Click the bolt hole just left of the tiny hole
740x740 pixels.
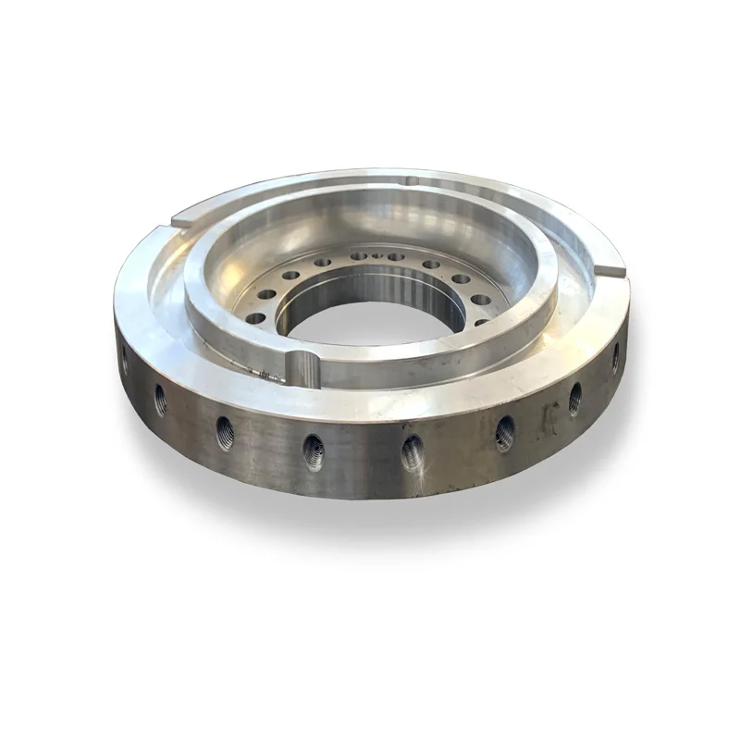point(358,256)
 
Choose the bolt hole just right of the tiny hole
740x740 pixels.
point(395,257)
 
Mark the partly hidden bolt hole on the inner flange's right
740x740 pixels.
point(481,322)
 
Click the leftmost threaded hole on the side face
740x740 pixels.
point(125,360)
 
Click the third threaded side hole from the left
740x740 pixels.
point(225,432)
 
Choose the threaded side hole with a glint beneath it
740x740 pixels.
point(413,452)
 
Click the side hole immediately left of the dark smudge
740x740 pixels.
point(505,433)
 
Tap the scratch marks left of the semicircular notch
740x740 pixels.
point(268,375)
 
